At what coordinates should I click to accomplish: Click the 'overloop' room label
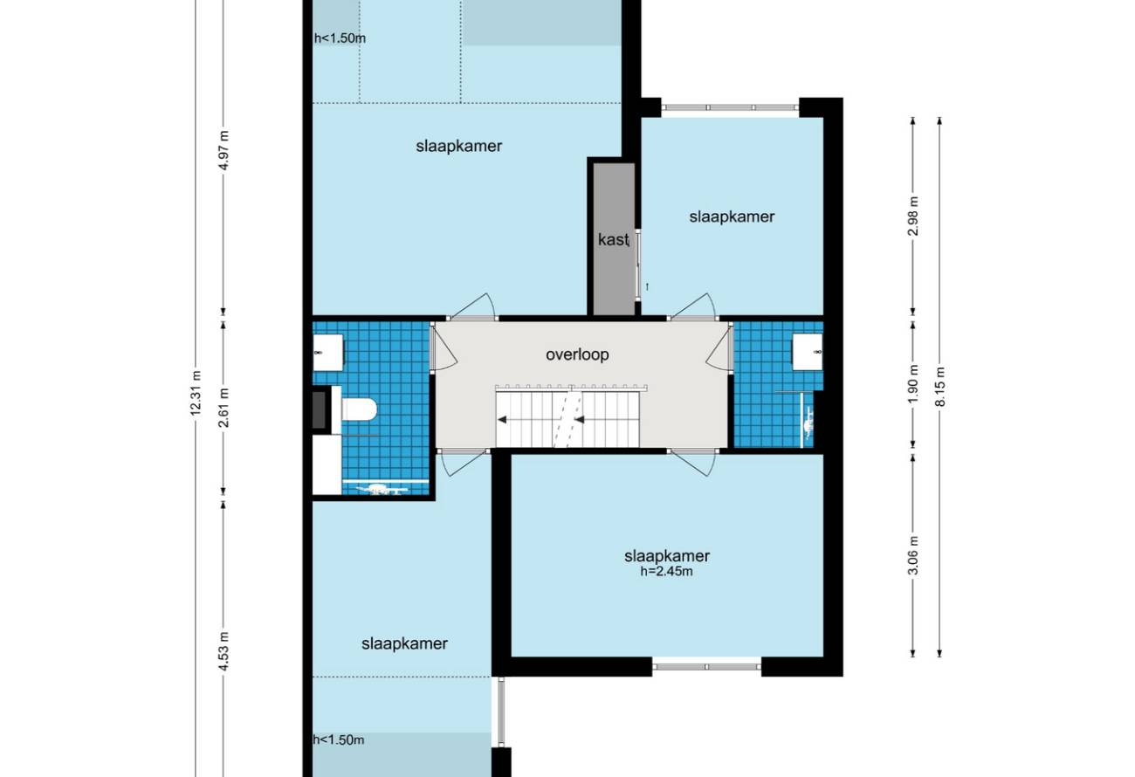pos(577,354)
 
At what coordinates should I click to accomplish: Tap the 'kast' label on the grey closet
pos(613,239)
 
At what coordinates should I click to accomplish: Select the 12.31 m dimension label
pos(196,394)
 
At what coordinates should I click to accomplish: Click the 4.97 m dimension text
pos(224,150)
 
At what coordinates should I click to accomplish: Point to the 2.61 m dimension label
pos(224,408)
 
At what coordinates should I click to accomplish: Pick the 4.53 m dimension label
pos(224,651)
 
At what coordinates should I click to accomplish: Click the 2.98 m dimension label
pos(913,216)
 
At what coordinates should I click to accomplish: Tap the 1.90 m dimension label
pos(913,384)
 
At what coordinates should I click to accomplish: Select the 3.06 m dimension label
pos(913,555)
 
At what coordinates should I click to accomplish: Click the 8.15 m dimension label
pos(940,387)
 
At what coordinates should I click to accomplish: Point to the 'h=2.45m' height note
pos(667,572)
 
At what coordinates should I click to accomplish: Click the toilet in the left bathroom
pos(359,409)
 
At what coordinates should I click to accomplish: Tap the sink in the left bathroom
pos(327,353)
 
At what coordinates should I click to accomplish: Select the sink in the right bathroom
pos(808,352)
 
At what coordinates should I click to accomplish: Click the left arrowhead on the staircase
pos(503,419)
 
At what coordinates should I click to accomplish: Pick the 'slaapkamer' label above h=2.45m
pos(667,556)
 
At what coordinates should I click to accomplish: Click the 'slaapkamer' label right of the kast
pos(732,217)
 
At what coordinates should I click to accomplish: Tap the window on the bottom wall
pos(706,667)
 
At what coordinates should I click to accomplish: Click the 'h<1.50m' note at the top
pos(340,38)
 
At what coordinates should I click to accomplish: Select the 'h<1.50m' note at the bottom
pos(339,740)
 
